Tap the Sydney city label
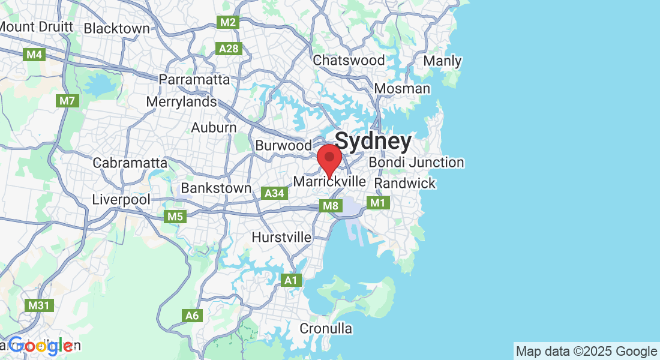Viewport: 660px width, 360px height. click(373, 142)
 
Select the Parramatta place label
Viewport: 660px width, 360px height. click(194, 79)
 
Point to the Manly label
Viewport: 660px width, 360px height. click(442, 61)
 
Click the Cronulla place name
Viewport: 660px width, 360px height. click(326, 328)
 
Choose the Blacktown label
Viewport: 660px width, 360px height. click(116, 28)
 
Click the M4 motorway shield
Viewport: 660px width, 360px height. click(34, 55)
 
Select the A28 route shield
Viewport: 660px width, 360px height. click(229, 49)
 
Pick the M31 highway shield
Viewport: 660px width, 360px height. click(38, 305)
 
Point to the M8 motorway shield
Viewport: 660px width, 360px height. click(331, 206)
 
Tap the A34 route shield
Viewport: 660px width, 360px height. click(274, 193)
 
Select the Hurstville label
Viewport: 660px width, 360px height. click(281, 237)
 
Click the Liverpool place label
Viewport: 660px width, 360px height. click(121, 199)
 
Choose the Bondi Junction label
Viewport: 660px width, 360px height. click(416, 162)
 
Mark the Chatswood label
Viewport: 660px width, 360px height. click(349, 60)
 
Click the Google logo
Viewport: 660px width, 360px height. click(41, 346)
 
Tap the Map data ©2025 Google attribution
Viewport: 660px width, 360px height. click(586, 351)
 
